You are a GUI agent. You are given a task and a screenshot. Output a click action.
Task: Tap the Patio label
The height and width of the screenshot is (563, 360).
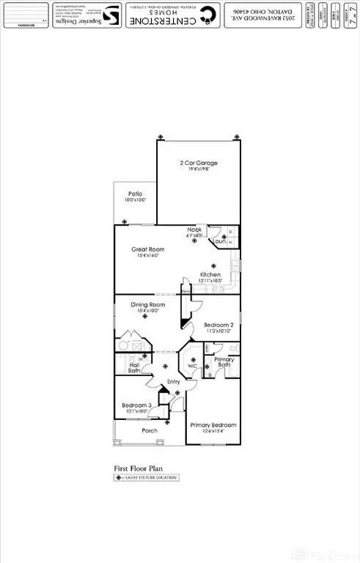click(x=135, y=194)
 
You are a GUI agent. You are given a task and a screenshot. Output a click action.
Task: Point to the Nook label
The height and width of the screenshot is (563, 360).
click(x=194, y=230)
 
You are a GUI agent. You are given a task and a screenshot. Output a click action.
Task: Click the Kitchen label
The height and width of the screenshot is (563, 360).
click(x=210, y=275)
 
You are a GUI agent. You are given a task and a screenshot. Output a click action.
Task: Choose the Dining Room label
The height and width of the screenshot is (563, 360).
click(x=147, y=304)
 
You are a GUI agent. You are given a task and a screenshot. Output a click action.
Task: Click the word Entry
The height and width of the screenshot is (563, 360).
click(x=174, y=382)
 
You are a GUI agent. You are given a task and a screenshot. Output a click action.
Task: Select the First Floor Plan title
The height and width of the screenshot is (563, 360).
click(x=137, y=466)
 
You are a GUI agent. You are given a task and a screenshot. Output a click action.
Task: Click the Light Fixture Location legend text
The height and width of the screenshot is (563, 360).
click(x=150, y=477)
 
